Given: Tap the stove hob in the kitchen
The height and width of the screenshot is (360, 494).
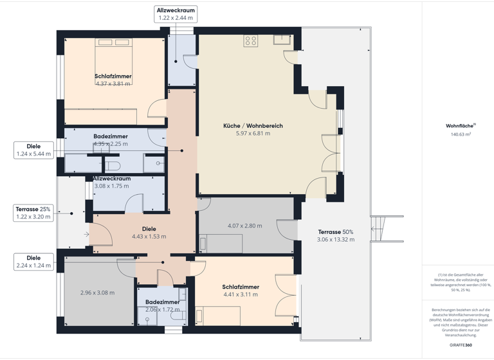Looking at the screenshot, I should pyautogui.click(x=251, y=40).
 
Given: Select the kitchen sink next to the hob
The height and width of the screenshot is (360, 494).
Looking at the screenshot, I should pyautogui.click(x=281, y=40).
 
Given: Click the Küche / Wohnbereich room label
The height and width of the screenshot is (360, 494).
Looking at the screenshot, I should pyautogui.click(x=253, y=126).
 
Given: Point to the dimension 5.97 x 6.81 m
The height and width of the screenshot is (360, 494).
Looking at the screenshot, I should pyautogui.click(x=253, y=134).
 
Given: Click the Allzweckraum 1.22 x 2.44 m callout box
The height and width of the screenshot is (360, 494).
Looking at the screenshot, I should pyautogui.click(x=176, y=14).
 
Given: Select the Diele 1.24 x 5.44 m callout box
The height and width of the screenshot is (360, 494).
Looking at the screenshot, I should pyautogui.click(x=33, y=150).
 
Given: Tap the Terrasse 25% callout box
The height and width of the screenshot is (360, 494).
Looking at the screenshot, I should pyautogui.click(x=33, y=213).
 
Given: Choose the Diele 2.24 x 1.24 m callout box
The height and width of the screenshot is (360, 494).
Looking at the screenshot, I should pyautogui.click(x=33, y=261).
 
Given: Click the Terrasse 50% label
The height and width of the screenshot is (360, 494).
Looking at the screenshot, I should pyautogui.click(x=335, y=231).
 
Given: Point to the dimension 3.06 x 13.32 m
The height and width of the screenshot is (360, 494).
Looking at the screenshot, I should pyautogui.click(x=335, y=240).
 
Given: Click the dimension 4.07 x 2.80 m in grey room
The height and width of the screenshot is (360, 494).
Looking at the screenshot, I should pyautogui.click(x=245, y=226).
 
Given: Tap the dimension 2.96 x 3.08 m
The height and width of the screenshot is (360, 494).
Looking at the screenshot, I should pyautogui.click(x=97, y=293).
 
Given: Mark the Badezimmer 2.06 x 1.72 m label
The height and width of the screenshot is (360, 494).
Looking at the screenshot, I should pyautogui.click(x=162, y=301).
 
